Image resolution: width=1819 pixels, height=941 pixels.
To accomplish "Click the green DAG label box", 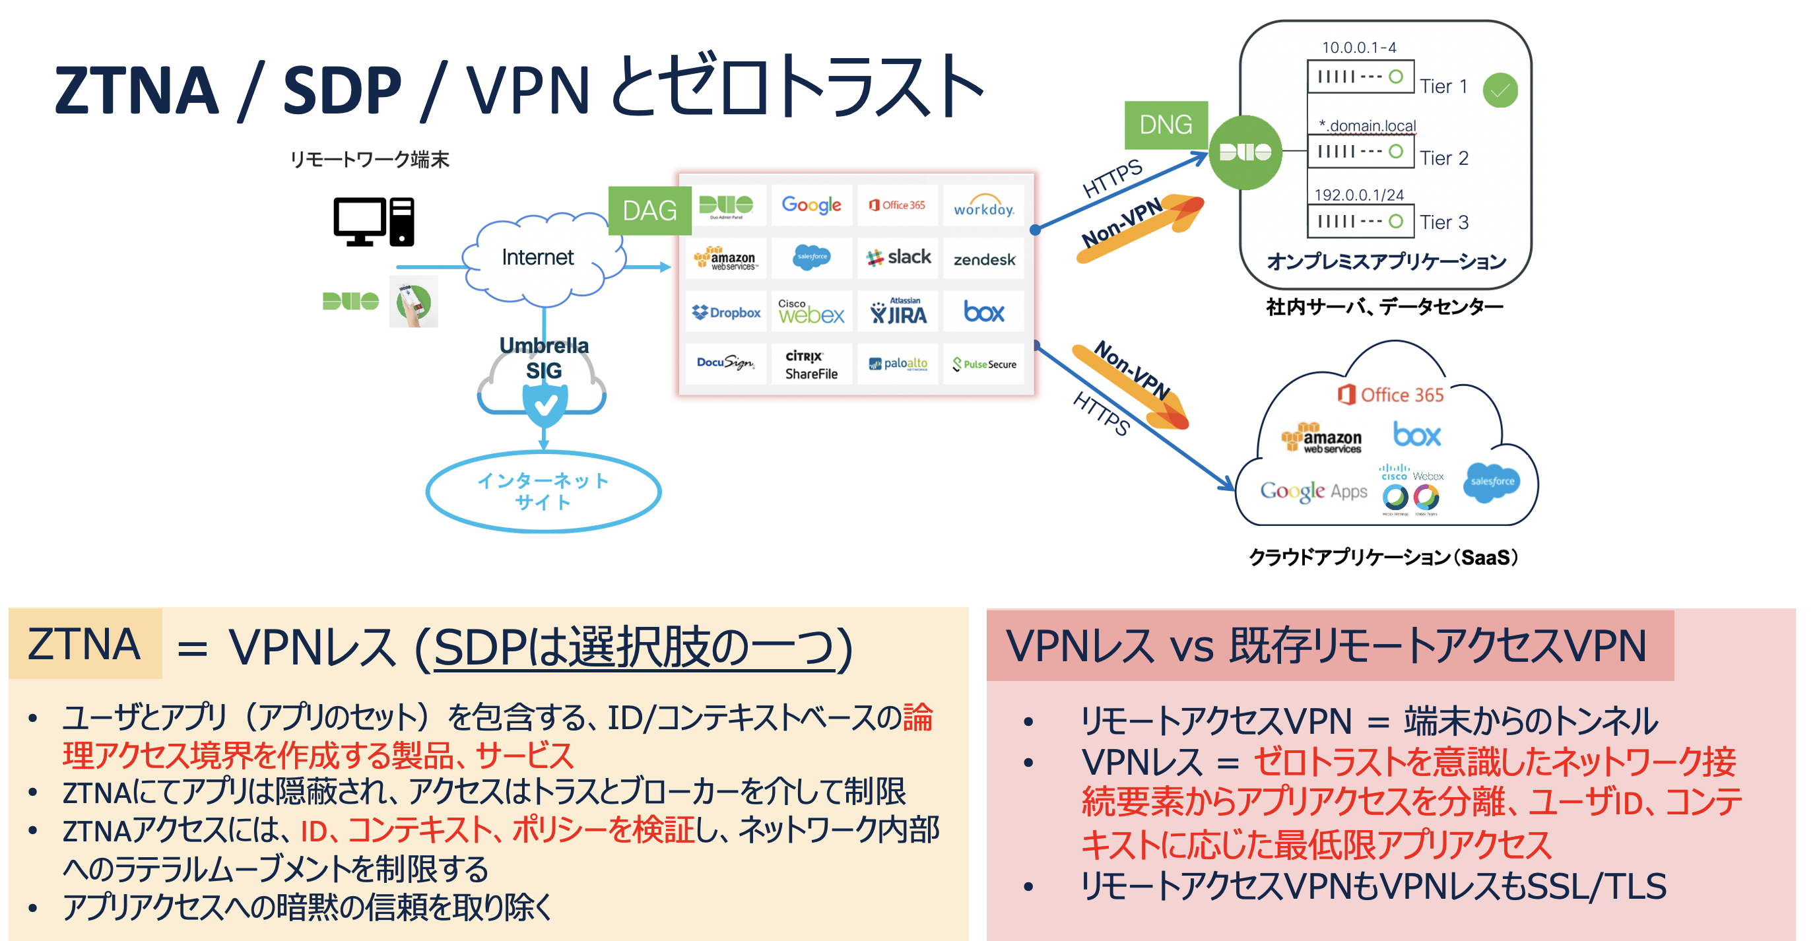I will (649, 211).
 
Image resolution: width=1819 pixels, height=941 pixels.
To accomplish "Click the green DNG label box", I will (1165, 125).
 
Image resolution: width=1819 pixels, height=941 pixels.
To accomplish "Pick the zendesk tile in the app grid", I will (983, 259).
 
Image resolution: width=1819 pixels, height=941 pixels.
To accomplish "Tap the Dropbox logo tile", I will (726, 312).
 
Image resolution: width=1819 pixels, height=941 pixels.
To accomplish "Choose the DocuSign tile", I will (725, 364).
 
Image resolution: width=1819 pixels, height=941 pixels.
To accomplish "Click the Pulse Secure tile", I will (983, 364).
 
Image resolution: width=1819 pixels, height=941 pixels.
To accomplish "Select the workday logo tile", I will (983, 206).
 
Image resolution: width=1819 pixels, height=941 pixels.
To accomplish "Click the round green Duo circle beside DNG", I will (1245, 152).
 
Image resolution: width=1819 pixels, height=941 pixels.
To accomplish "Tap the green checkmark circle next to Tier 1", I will (1500, 90).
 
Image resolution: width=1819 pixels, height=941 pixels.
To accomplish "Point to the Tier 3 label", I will (1443, 222).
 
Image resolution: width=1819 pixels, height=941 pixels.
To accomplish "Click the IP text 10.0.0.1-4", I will (1358, 48).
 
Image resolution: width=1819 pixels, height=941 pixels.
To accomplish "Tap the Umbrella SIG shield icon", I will (545, 405).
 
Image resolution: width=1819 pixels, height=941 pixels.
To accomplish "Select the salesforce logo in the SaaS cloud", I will (1491, 482).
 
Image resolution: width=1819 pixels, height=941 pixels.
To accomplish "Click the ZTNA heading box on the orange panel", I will (84, 644).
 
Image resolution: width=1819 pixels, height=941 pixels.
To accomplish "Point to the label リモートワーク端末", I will (370, 160).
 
